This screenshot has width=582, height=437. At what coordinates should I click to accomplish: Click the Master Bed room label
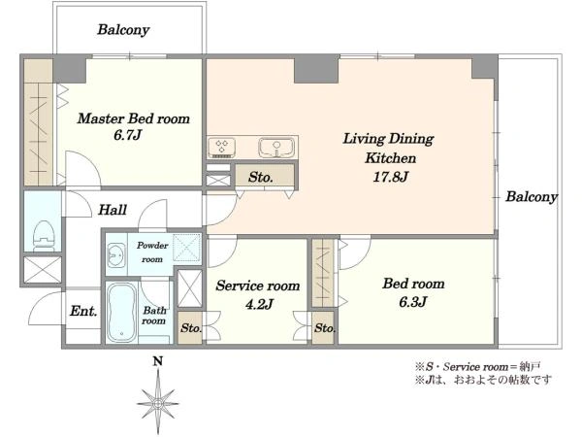coord(134,118)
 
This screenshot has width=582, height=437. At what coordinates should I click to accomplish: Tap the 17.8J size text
coord(391,177)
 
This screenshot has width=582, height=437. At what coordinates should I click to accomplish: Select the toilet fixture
coord(44,236)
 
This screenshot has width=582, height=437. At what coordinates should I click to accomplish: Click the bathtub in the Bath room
coord(122,312)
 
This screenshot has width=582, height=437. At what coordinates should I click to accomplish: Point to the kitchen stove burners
coord(222,148)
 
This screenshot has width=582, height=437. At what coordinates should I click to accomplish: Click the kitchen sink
coord(276,148)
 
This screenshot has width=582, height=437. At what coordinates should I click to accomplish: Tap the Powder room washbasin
coord(116,254)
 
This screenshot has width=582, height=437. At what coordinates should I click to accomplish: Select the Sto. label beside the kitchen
coord(261,177)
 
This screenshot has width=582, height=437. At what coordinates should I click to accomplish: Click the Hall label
coord(113,210)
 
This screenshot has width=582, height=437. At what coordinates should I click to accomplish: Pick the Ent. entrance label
coord(83,311)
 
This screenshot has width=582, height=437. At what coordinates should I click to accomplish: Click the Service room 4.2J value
coord(259,304)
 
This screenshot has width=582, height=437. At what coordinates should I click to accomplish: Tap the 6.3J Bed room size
coord(413,302)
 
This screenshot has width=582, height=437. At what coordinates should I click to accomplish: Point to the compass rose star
coord(158,403)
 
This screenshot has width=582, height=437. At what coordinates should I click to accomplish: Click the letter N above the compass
coord(158,361)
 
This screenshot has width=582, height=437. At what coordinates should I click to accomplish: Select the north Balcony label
coord(123,30)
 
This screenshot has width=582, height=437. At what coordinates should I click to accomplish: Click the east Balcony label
coord(532,196)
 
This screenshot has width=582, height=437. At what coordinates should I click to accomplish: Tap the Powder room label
coord(152,252)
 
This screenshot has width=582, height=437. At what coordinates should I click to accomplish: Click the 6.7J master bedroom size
coord(127,135)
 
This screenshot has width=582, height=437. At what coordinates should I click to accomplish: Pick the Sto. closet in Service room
coord(191,328)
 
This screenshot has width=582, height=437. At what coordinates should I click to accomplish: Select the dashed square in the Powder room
coord(186,248)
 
